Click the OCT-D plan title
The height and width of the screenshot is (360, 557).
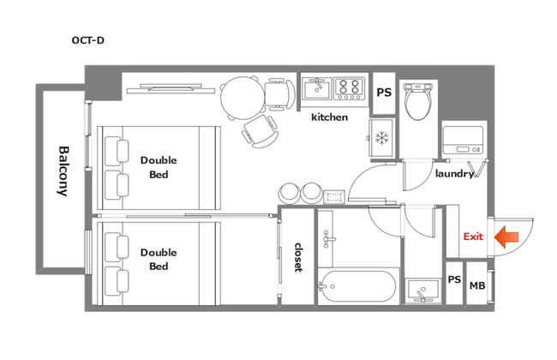coord(87,40)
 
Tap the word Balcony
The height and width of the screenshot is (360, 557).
coord(63,171)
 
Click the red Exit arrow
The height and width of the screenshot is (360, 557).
coord(506,237)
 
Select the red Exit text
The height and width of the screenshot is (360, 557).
coord(473,237)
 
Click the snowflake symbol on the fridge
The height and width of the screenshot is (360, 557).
coord(382,138)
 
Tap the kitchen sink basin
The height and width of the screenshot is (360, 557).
coord(316,88)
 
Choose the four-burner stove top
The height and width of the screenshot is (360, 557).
coord(349,88)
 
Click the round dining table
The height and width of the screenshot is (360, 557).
coord(243,98)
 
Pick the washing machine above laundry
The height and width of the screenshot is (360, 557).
coord(464,140)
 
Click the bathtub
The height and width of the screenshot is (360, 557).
coord(357,286)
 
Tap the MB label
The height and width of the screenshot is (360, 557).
coord(477,285)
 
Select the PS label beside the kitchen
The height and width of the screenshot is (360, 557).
coord(384,93)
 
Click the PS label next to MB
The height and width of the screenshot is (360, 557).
coord(454,279)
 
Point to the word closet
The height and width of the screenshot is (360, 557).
coord(298,257)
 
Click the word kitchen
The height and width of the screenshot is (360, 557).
coord(329,117)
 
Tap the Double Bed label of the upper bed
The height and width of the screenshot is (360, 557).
coord(159,167)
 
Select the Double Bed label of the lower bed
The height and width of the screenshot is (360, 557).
coord(159,259)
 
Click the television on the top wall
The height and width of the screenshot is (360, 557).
coord(171,88)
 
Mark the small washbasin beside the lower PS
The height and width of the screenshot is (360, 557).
coord(422,291)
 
